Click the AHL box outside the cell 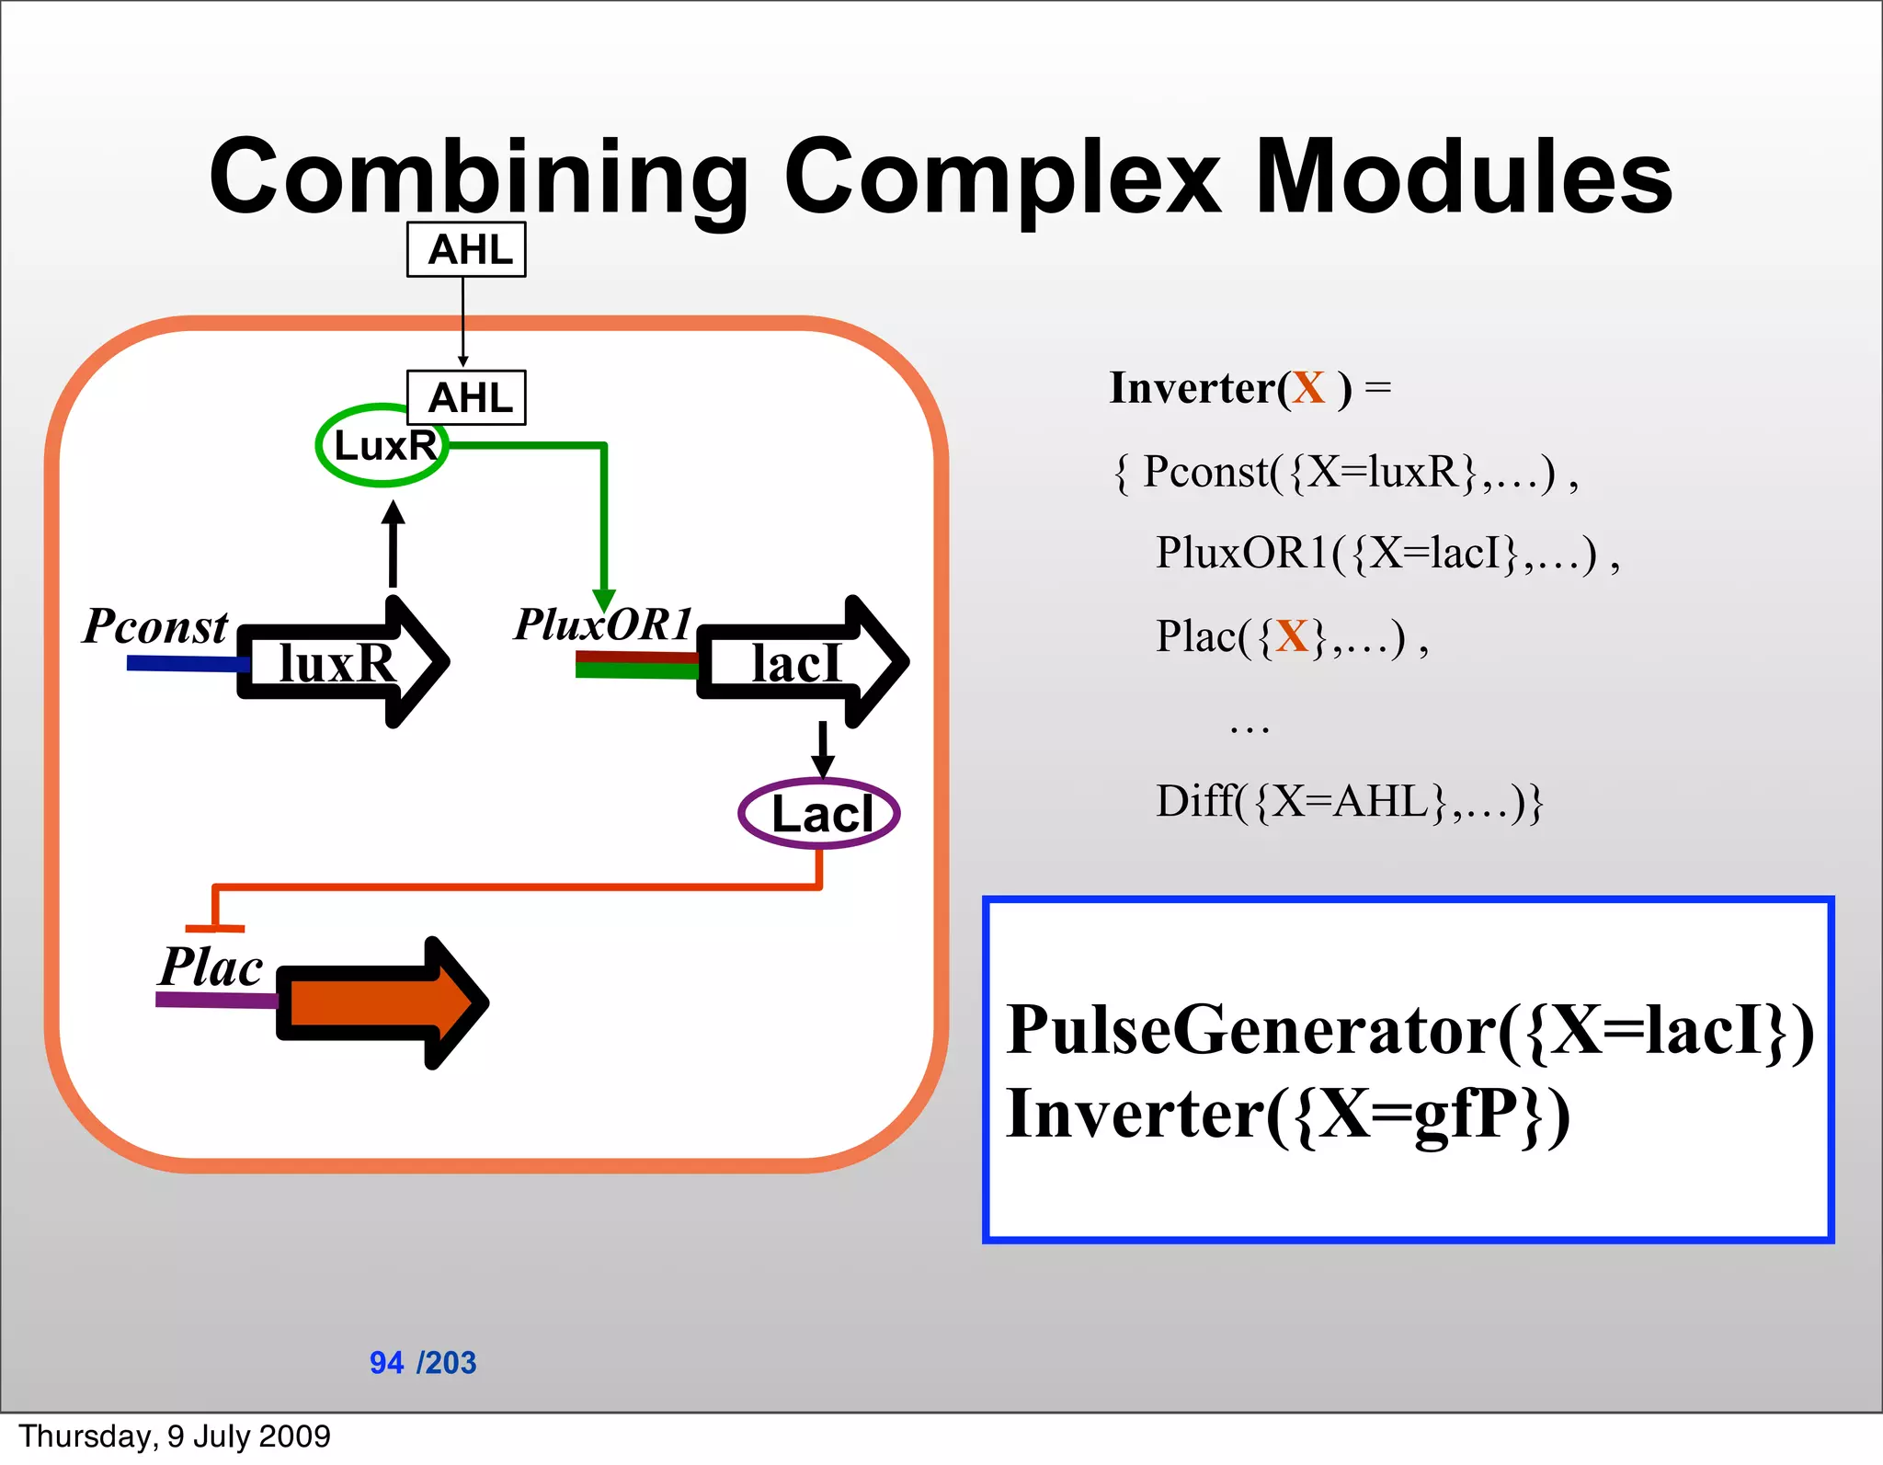466,249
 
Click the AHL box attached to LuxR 466,397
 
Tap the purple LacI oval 819,814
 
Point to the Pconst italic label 154,627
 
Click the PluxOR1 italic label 602,624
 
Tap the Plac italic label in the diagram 211,967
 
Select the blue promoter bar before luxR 184,663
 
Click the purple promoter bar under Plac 216,1000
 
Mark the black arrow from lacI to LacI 823,750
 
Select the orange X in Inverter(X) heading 1307,387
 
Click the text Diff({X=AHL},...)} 1348,801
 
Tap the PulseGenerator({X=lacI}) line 1409,1030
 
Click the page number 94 386,1362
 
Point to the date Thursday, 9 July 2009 175,1436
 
